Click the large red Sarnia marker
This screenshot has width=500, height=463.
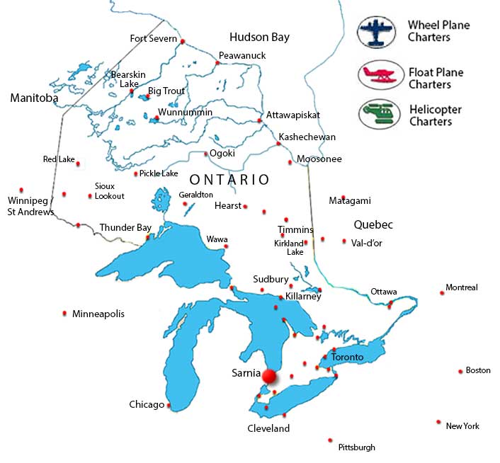(x=269, y=377)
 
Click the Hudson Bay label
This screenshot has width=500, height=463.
(x=259, y=37)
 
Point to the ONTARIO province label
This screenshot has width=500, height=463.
(x=229, y=180)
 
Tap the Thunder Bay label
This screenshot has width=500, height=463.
(x=125, y=227)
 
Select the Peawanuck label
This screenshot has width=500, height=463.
(x=241, y=55)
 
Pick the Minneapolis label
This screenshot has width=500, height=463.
(x=98, y=313)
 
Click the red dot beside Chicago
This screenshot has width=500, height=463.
(x=169, y=406)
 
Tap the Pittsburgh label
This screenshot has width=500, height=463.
(x=357, y=447)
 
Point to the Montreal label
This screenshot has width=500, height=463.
(x=461, y=287)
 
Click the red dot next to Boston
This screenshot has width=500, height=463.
(x=460, y=371)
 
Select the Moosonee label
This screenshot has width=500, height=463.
(x=319, y=159)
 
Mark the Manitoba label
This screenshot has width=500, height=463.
(x=34, y=98)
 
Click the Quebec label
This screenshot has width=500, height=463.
(x=373, y=224)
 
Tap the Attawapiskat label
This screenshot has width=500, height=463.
(x=292, y=115)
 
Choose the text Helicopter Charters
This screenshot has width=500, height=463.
(x=435, y=115)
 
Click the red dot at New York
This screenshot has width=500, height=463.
(x=438, y=422)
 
